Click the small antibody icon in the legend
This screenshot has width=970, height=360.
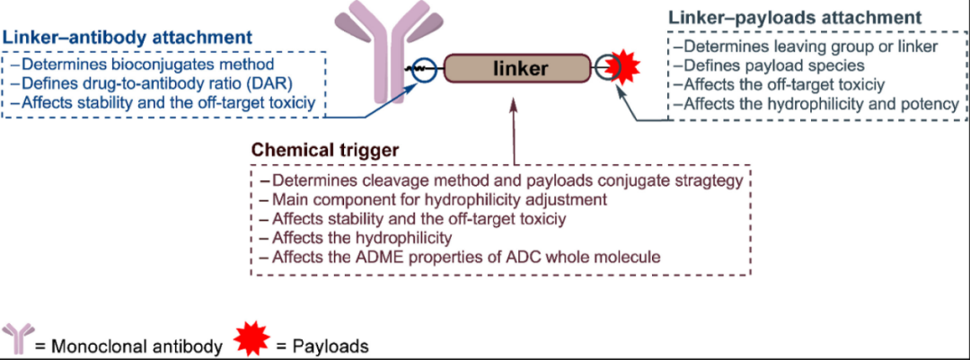17,339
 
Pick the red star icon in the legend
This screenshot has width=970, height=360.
251,339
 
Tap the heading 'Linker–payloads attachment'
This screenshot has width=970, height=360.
795,18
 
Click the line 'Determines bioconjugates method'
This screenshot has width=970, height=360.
144,66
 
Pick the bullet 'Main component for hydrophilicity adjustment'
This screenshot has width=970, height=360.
432,198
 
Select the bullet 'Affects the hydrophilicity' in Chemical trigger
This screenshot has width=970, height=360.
354,238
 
